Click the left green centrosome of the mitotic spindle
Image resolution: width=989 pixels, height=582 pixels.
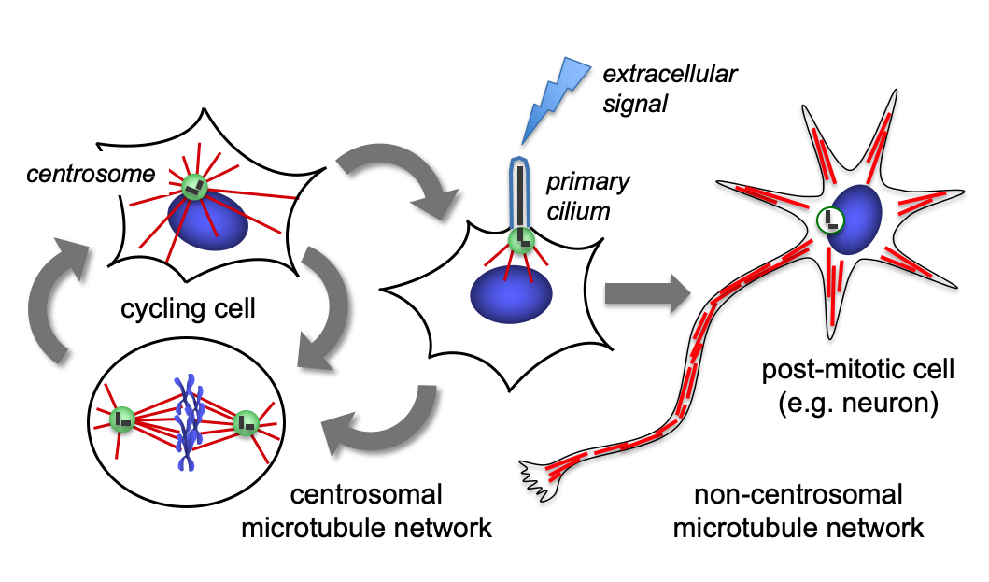(121, 421)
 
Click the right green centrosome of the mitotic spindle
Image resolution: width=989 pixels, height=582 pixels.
(246, 422)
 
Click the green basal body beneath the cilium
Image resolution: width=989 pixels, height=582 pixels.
(521, 242)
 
